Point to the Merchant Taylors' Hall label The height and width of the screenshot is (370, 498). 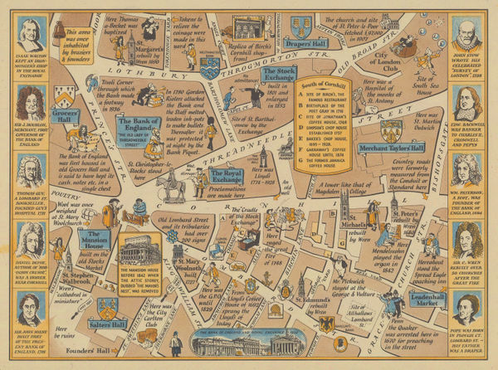pyautogui.click(x=391, y=148)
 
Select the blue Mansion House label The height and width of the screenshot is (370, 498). pyautogui.click(x=101, y=240)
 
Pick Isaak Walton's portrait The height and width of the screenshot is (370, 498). pyautogui.click(x=28, y=37)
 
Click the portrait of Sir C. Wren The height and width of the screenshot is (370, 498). pyautogui.click(x=469, y=246)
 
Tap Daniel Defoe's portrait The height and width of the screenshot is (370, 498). pyautogui.click(x=28, y=241)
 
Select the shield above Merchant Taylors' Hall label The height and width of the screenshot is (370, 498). pyautogui.click(x=391, y=129)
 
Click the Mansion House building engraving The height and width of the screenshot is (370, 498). pyautogui.click(x=137, y=247)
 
